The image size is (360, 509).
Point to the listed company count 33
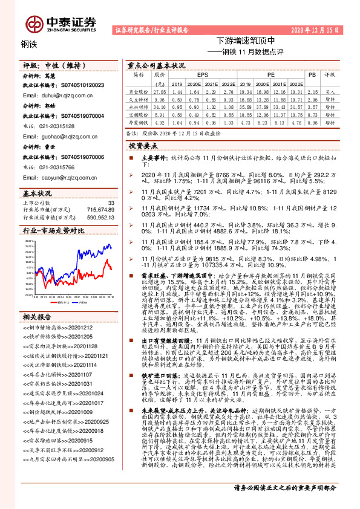pos(110,203)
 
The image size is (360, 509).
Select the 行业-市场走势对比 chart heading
pos(54,230)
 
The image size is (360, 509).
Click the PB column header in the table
pos(312,74)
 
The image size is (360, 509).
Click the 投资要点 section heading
pos(143,146)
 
